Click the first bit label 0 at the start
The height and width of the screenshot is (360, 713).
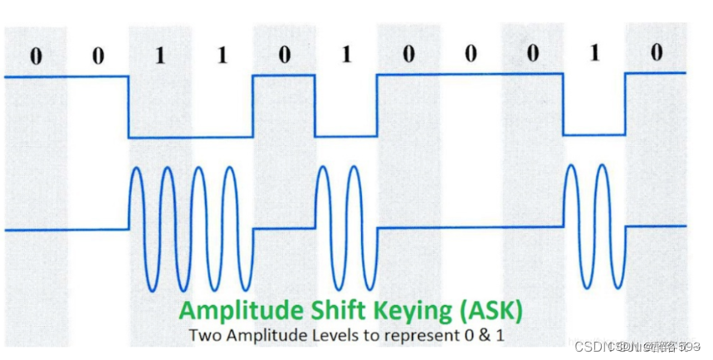pyautogui.click(x=35, y=56)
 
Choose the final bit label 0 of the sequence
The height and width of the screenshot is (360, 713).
pyautogui.click(x=656, y=53)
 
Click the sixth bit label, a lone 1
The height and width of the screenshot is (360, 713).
pyautogui.click(x=346, y=55)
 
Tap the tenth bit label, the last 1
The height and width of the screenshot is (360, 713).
pyautogui.click(x=593, y=54)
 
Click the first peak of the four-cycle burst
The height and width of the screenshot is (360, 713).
pyautogui.click(x=138, y=170)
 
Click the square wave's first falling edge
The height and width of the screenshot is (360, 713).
pyautogui.click(x=129, y=107)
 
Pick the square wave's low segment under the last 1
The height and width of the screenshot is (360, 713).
pyautogui.click(x=593, y=134)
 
